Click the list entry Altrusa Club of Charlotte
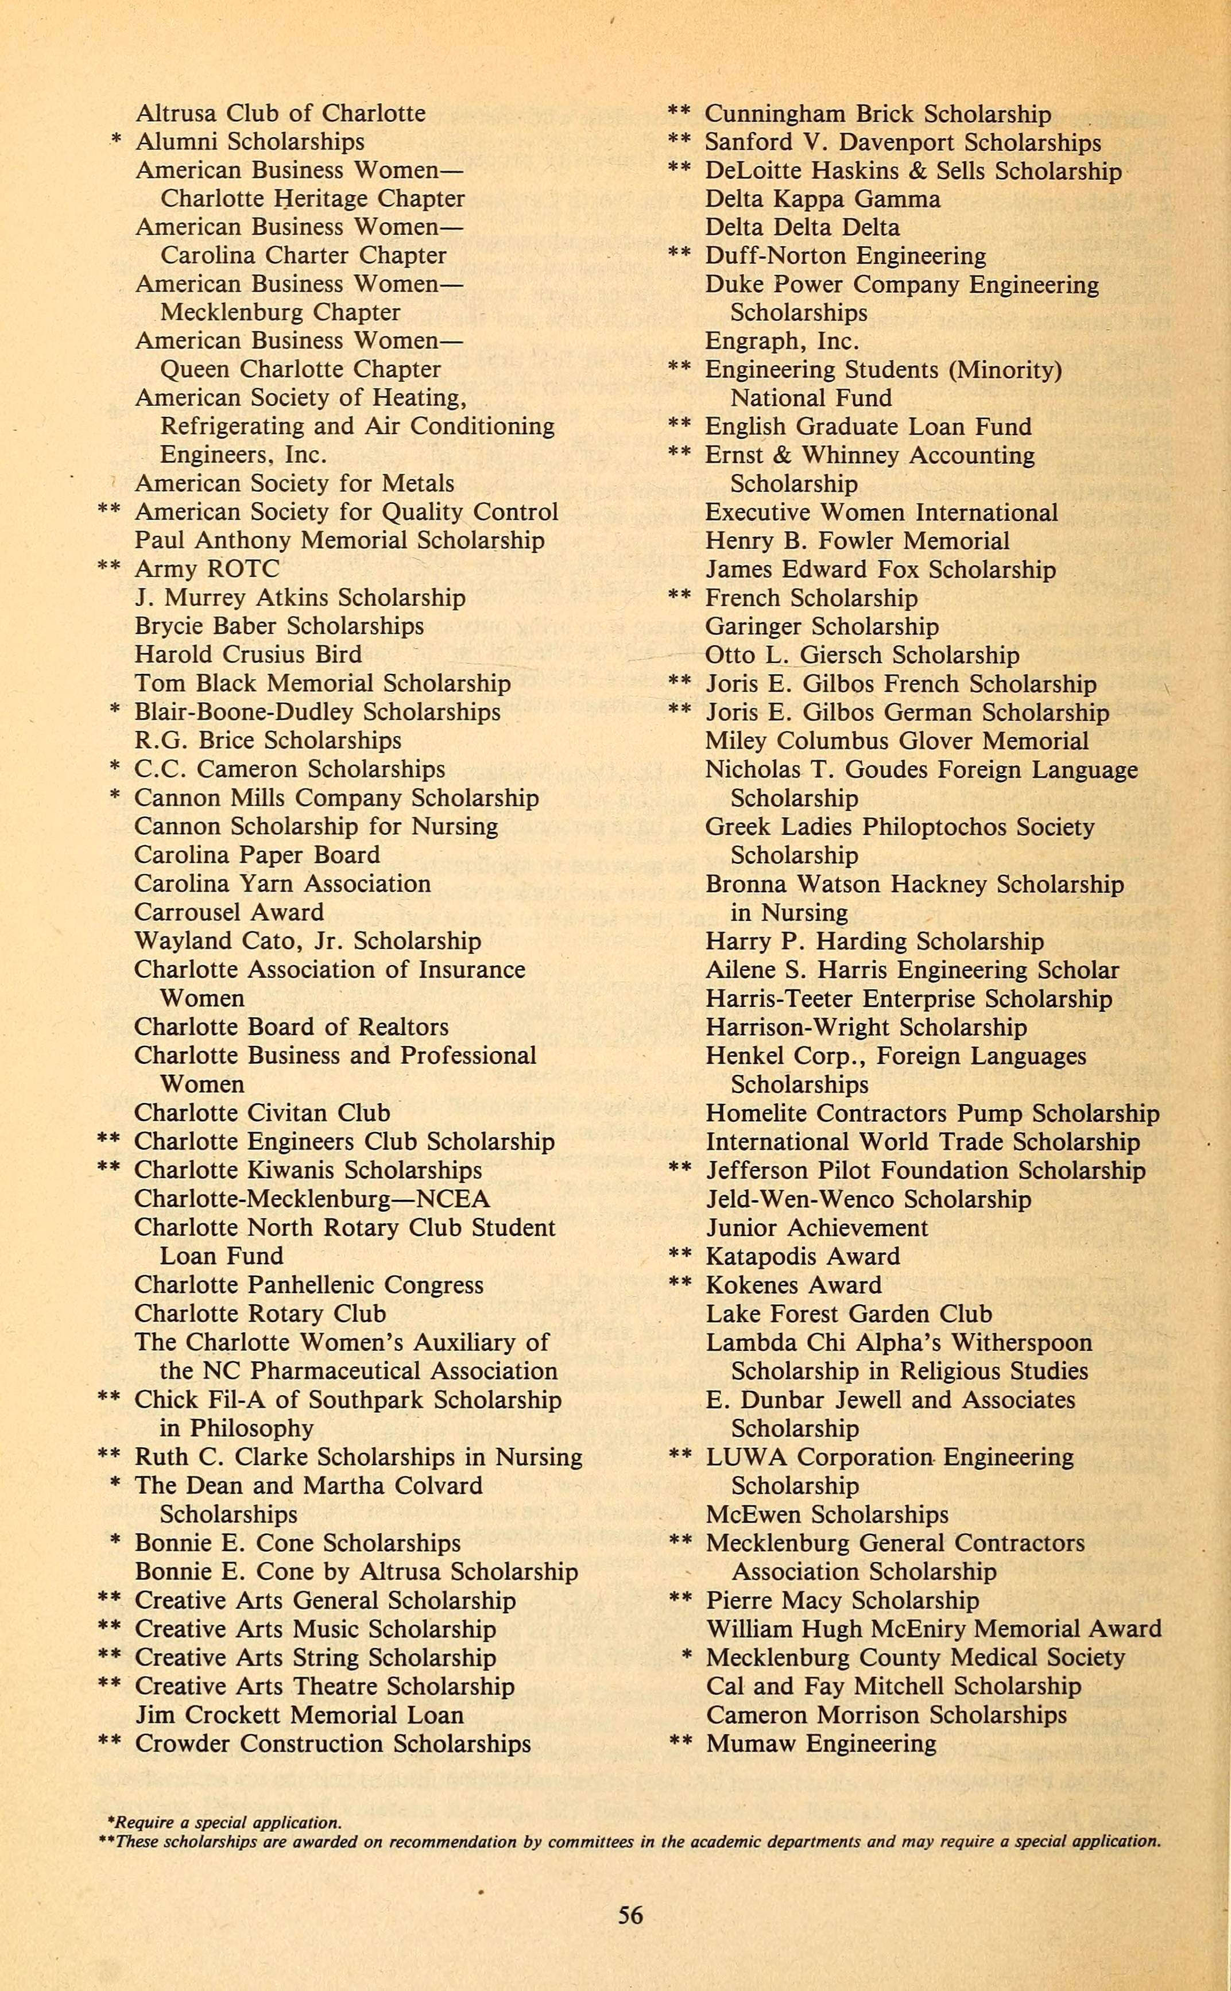point(280,113)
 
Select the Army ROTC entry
point(206,568)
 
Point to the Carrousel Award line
point(229,912)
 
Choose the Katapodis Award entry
point(802,1256)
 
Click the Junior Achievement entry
point(816,1227)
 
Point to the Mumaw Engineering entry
point(820,1744)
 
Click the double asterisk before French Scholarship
point(679,598)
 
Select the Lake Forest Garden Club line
point(849,1313)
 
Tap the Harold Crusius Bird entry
point(247,654)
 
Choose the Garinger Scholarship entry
point(822,626)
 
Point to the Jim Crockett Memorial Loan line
point(299,1714)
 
